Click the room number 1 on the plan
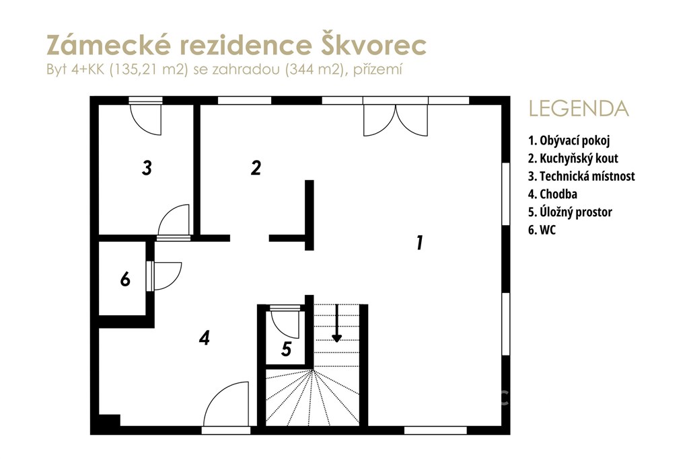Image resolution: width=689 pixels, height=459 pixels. tap(420, 243)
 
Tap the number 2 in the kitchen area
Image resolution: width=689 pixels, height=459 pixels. tap(256, 167)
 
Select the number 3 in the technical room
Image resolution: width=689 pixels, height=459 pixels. tap(147, 167)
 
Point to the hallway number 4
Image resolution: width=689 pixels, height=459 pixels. tap(205, 338)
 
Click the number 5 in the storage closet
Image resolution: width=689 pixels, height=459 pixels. tap(287, 349)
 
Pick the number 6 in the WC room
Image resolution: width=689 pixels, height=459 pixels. tap(125, 279)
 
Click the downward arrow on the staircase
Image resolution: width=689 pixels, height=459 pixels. tap(336, 323)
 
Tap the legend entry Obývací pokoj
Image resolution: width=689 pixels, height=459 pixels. tap(569, 140)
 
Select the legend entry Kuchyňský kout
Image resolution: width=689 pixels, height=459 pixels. tap(573, 159)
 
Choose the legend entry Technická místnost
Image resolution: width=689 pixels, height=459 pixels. tap(581, 176)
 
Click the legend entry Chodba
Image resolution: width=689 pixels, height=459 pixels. tap(553, 194)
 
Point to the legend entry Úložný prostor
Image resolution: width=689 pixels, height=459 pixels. tap(570, 212)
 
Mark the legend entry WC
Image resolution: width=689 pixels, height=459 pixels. tap(542, 230)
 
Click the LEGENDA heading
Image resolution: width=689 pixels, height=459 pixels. tap(579, 109)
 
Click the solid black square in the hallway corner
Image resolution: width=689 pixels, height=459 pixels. tap(109, 421)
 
